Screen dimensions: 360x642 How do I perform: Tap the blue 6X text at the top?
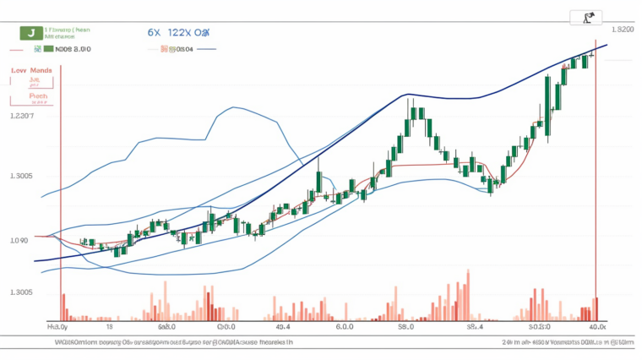(154, 32)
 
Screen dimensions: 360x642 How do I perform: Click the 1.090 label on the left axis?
(18, 240)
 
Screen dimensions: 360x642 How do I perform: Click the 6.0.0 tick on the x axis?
(345, 325)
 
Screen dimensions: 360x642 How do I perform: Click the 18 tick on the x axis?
(108, 325)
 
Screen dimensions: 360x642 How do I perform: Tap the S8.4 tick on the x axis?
(475, 325)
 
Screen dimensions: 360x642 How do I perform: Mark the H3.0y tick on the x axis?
(56, 325)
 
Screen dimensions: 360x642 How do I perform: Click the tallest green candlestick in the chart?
(549, 106)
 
